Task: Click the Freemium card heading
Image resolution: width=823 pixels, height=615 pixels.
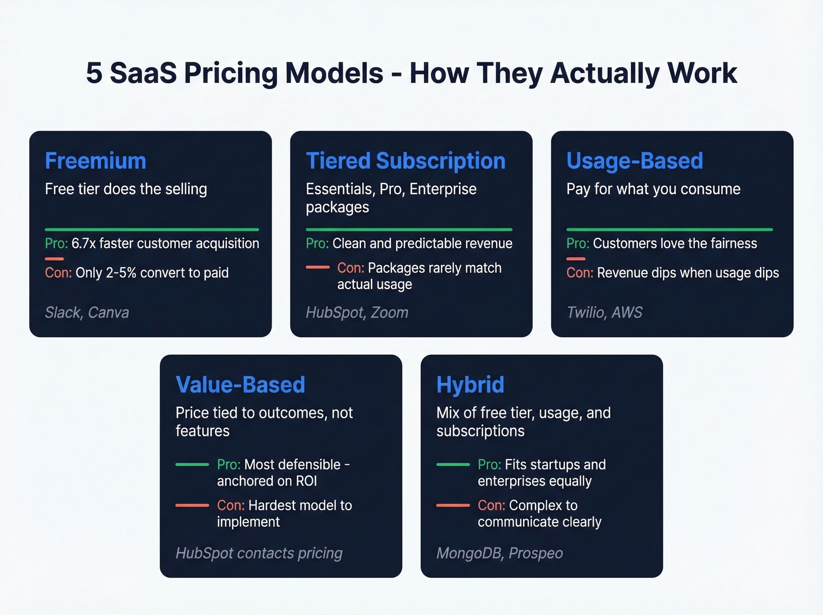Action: pos(95,161)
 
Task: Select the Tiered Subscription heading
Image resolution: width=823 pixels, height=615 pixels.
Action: pos(406,161)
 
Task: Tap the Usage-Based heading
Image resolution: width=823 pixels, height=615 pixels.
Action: pos(634,161)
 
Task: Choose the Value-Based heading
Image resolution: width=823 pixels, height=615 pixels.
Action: pos(240,385)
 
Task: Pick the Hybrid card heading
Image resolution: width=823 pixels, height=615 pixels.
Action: pos(470,385)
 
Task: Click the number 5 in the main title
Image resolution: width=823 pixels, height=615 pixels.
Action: pos(94,74)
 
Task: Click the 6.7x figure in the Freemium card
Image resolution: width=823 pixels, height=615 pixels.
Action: pos(83,244)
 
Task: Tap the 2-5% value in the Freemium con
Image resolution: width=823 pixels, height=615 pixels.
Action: pos(121,273)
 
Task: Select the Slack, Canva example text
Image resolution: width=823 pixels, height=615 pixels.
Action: pos(87,313)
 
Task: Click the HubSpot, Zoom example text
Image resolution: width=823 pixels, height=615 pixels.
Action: pos(357,313)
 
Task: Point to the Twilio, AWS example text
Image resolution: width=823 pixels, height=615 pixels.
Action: pos(604,313)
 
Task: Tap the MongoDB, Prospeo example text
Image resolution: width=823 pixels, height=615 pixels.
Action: pos(500,553)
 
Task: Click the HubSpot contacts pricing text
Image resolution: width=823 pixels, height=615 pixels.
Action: pos(259,553)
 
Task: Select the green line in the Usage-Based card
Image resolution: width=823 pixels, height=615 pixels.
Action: pos(670,230)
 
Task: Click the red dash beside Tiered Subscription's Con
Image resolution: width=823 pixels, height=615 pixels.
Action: pos(318,267)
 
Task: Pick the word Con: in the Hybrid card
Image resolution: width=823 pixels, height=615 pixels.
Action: pos(491,506)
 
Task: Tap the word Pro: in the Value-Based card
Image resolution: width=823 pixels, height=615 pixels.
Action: pos(229,464)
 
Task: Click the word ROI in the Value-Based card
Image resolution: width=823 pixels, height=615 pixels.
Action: pos(306,481)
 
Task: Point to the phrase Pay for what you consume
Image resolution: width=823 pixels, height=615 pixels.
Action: pos(653,189)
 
